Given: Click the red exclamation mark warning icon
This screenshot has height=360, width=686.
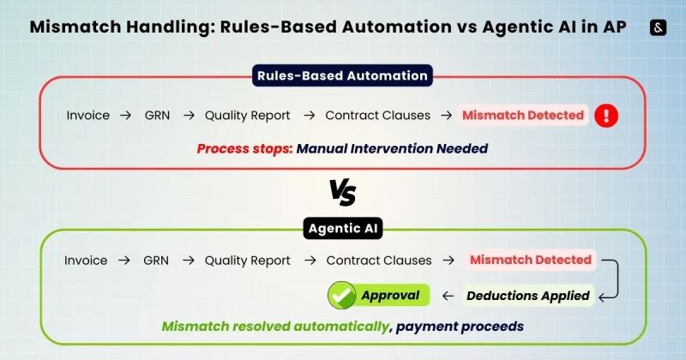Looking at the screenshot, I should [607, 115].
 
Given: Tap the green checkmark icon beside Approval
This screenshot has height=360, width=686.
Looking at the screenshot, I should [343, 296].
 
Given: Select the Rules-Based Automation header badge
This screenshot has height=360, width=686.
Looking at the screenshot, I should [343, 75].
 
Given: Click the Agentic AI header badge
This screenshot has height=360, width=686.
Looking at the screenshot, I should [343, 229].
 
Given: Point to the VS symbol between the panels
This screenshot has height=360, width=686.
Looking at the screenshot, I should [343, 192].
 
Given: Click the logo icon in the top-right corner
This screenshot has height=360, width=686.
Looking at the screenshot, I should [659, 27].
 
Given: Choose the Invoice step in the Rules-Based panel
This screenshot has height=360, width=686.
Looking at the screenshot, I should [88, 115].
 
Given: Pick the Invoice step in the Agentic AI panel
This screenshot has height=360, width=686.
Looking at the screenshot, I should [87, 260].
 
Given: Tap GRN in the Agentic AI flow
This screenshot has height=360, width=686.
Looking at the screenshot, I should [156, 260].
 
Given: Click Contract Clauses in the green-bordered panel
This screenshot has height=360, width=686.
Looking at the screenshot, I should [377, 260].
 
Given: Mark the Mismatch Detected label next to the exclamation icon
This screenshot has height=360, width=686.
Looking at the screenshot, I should [523, 115].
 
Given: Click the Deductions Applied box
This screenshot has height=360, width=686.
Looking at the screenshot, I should [528, 296].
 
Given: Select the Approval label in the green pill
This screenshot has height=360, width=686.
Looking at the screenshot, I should [390, 296].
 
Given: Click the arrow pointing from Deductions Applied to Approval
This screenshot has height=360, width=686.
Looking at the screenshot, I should [447, 296].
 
